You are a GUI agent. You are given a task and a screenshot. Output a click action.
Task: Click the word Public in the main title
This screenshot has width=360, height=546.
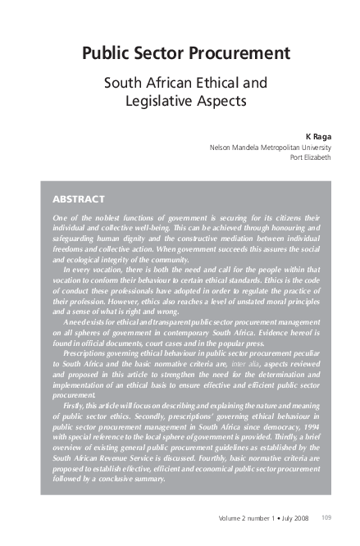point(108,54)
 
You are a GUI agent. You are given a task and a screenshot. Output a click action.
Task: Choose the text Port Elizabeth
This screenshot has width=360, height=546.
point(311,157)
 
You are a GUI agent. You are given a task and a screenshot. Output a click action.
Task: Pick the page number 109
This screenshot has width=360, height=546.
point(326,517)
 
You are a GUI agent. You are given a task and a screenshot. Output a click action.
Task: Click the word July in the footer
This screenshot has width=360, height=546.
point(280,517)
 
